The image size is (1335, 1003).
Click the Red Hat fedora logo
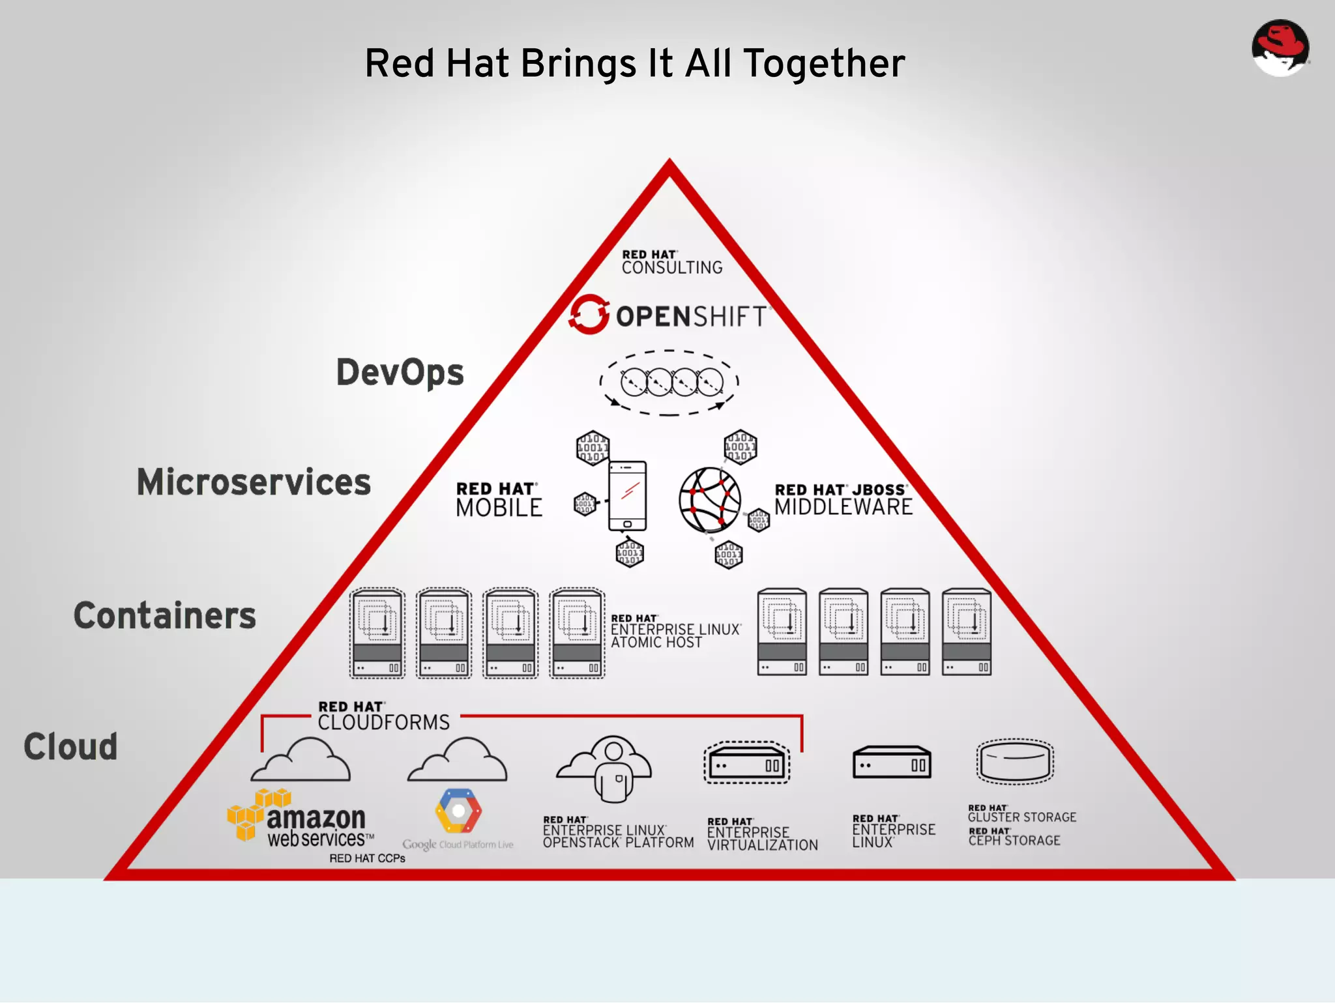point(1280,48)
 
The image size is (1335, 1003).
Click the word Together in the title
point(824,64)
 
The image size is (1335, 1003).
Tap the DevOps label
point(400,373)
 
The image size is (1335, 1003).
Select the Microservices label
point(254,482)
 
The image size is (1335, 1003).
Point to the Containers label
point(165,616)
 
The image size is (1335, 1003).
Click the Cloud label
point(71,747)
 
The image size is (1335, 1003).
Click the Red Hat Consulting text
point(671,263)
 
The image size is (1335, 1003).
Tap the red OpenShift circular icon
point(589,314)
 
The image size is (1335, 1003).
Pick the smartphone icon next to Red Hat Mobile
point(627,496)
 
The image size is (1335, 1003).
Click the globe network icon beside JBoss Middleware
point(709,500)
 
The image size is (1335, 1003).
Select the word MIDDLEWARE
point(843,507)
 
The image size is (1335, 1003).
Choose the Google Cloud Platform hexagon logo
point(458,811)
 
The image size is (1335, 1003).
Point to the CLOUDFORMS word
point(383,723)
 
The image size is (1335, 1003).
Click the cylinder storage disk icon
point(1014,761)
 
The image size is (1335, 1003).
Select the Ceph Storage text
point(1014,837)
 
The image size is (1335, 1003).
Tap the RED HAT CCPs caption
point(367,858)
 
